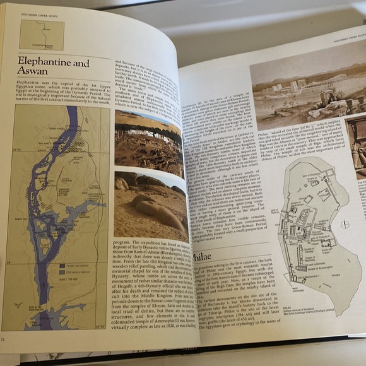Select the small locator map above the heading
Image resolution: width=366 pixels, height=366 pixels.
tap(42, 33)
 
